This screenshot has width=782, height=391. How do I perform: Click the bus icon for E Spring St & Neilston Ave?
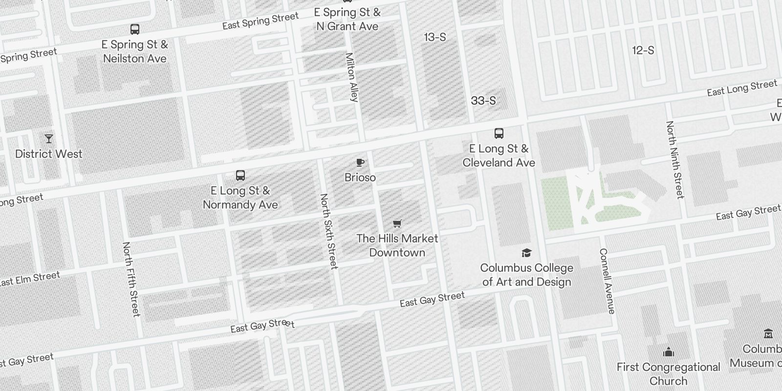(135, 29)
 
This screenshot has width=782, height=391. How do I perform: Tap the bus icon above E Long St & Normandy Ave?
(240, 175)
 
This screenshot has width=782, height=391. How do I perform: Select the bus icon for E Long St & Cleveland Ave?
(499, 133)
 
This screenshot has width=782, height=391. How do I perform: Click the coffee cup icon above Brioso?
(360, 162)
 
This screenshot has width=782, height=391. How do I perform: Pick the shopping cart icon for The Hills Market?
(397, 223)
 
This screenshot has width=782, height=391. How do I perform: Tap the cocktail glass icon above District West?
(49, 139)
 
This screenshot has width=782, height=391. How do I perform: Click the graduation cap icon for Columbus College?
(526, 253)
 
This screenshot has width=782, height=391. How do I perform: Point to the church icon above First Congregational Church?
(669, 352)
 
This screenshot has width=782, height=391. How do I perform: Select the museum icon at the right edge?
(768, 334)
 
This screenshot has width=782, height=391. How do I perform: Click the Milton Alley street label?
(352, 77)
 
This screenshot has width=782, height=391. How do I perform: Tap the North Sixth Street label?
(328, 231)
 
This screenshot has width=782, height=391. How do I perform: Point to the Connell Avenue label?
(607, 281)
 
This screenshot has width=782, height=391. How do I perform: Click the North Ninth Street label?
(674, 160)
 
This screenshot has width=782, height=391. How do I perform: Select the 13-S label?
(435, 37)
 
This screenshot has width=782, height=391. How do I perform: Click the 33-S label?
(483, 101)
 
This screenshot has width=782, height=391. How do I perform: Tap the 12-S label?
(643, 50)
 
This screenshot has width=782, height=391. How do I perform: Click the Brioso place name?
(360, 177)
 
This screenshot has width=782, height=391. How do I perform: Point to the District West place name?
(49, 154)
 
